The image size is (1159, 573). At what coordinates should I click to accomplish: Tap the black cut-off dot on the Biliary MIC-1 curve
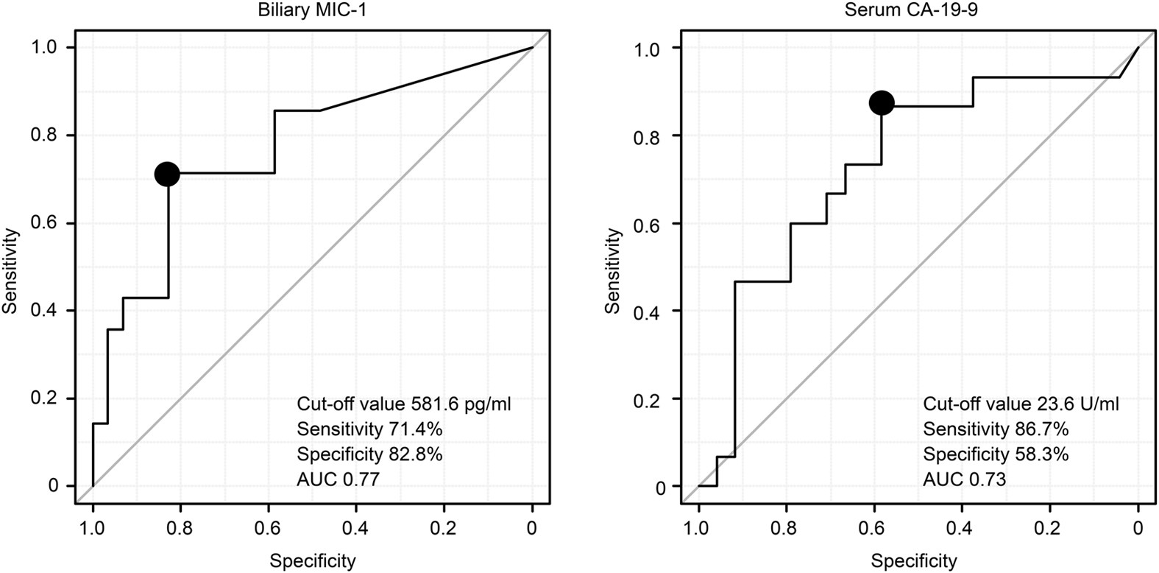tap(167, 174)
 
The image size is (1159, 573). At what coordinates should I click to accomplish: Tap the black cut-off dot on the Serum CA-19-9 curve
tap(882, 103)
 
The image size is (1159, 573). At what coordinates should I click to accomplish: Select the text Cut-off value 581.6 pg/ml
tap(404, 404)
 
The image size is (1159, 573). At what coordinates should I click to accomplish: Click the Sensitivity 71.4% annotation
tap(369, 429)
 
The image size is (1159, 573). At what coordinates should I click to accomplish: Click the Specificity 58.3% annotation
tap(996, 454)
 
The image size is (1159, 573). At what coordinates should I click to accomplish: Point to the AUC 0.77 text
tap(339, 480)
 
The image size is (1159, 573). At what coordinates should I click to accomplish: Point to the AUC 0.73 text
tap(965, 480)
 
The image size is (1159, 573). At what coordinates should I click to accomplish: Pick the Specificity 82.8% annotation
tap(369, 454)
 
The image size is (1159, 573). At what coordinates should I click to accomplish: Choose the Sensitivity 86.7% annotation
tap(996, 429)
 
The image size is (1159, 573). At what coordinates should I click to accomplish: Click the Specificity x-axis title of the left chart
tap(312, 561)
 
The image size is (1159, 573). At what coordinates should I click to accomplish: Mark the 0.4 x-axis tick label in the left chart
tap(356, 529)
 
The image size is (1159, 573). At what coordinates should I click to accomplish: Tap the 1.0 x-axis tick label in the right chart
tap(698, 529)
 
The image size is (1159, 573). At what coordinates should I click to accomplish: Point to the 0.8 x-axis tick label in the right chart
tap(786, 529)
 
